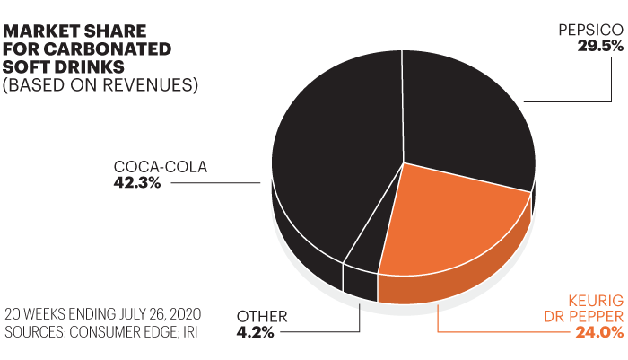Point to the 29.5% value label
tap(600, 46)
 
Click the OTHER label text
tap(262, 316)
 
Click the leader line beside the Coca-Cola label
tap(215, 183)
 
